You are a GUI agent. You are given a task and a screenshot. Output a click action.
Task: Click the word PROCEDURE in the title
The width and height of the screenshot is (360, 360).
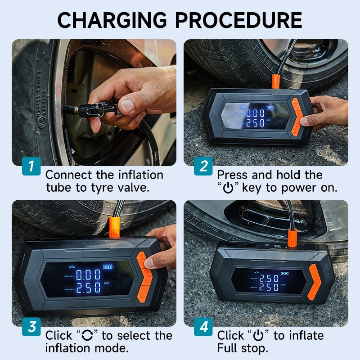tap(238, 20)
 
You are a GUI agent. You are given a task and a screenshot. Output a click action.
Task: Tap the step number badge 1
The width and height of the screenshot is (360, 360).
tap(31, 166)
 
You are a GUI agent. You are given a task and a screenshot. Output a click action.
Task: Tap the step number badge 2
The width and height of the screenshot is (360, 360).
tap(203, 166)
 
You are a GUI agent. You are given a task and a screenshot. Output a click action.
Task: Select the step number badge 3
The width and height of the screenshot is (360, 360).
tap(31, 327)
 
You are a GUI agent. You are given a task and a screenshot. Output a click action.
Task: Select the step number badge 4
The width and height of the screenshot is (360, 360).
tap(203, 327)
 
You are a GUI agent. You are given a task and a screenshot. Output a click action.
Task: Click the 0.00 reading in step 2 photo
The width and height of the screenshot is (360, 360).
tap(255, 113)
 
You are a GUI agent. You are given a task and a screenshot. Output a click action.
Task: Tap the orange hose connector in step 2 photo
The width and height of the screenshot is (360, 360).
tap(275, 81)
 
